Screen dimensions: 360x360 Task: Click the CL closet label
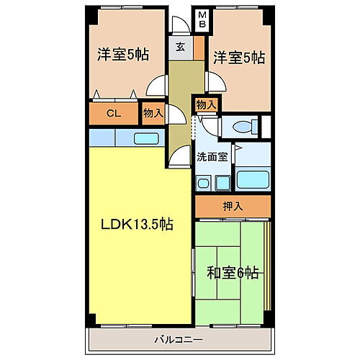[113, 113]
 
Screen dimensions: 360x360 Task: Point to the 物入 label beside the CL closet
[152, 113]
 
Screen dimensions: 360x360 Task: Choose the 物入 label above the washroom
[206, 105]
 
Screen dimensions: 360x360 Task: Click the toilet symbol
[240, 127]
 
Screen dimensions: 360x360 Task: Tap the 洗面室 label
[212, 155]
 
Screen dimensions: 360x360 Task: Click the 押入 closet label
[233, 207]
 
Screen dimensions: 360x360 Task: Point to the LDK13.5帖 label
[136, 224]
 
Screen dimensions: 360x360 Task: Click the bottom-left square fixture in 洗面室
[203, 184]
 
